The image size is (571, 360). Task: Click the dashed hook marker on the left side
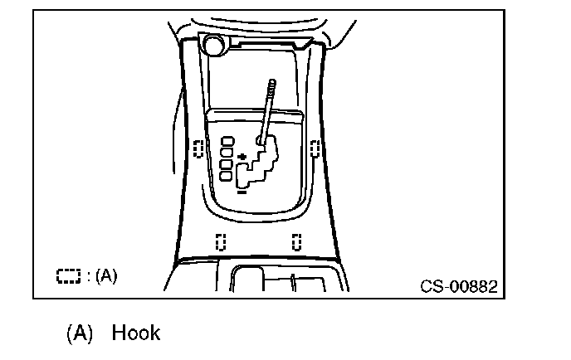point(198,148)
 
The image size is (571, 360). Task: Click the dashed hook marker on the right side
point(315,148)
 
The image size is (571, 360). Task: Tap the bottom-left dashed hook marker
point(221,241)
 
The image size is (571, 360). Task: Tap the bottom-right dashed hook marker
point(295,241)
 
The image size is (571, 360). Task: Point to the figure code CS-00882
point(459,287)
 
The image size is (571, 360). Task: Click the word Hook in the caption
point(135,333)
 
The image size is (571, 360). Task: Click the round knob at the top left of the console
point(212,44)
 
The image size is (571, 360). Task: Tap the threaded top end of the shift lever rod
point(271,87)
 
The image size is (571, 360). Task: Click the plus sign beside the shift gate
point(242,156)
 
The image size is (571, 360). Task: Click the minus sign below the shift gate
point(242,191)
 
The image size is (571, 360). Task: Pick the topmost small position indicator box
point(227,142)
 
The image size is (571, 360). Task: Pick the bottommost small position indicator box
point(227,177)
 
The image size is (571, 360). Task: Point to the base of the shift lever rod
point(262,141)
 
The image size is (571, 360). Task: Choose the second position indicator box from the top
point(227,153)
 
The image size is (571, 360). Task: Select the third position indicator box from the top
point(227,165)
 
